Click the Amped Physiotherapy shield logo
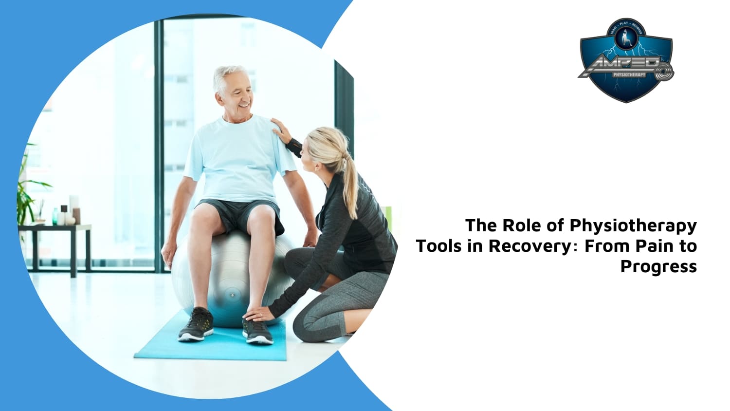[626, 60]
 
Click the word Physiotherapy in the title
[633, 226]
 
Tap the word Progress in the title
[658, 267]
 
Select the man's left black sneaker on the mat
[196, 324]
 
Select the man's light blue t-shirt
[238, 156]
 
